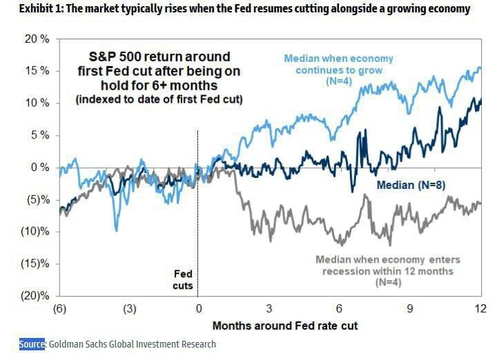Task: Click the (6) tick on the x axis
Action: [59, 308]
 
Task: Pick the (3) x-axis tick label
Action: [130, 308]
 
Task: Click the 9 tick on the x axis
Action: [410, 308]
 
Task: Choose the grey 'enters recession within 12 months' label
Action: [387, 271]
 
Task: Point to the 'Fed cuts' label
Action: [183, 280]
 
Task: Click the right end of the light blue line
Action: [480, 68]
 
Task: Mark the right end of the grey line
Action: [480, 202]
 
